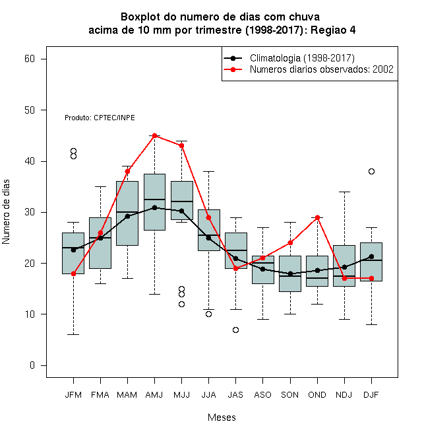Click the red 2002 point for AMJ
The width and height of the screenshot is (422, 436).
point(155,135)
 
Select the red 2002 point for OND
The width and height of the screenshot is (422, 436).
point(317,217)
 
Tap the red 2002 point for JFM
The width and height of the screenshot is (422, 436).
point(73,273)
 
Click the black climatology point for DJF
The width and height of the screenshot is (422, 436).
point(371,256)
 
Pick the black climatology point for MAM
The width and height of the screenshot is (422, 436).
point(127,216)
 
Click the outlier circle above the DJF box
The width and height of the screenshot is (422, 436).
point(371,171)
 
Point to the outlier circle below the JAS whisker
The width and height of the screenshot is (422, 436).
point(235,330)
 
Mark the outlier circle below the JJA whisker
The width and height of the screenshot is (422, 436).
point(208,314)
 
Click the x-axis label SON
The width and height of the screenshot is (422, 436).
point(290,395)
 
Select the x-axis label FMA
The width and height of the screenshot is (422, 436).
point(100,395)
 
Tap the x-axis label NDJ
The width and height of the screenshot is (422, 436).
point(344,395)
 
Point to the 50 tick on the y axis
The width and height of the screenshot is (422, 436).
point(30,110)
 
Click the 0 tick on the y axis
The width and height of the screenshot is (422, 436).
point(32,365)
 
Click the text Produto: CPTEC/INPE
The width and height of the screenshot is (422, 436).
point(100,118)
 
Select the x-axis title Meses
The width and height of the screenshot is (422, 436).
point(222,418)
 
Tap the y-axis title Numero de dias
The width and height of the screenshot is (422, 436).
point(6,212)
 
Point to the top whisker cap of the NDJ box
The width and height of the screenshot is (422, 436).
point(344,192)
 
